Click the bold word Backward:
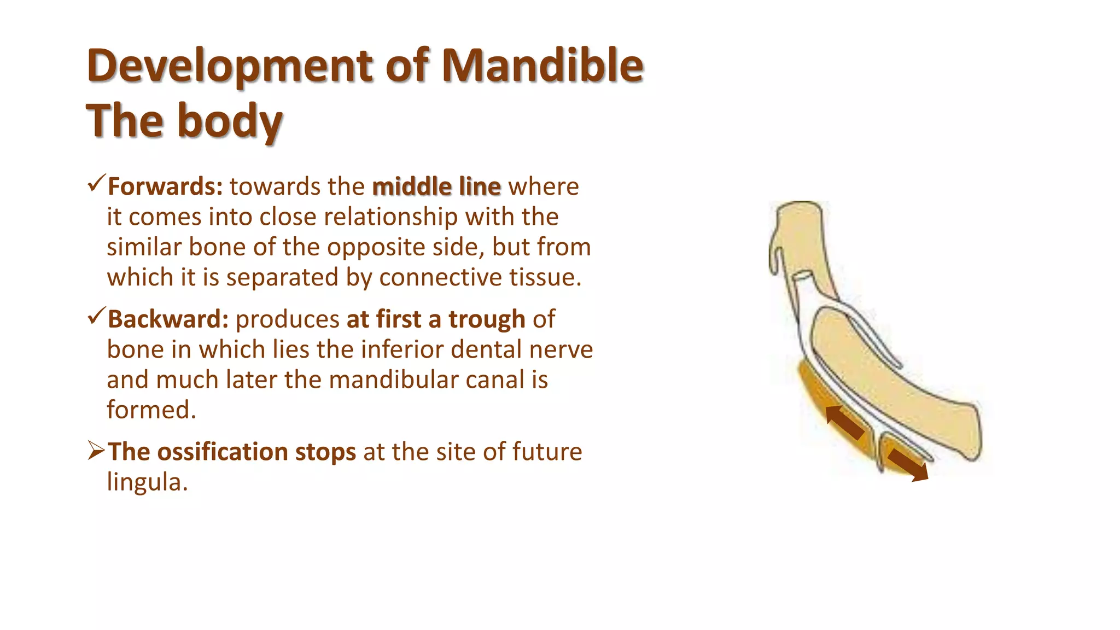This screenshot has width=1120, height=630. coord(168,319)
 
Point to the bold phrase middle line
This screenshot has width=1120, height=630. coord(436,186)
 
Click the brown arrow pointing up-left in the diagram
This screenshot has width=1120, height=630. coord(844,422)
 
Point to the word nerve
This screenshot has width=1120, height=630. coord(565,349)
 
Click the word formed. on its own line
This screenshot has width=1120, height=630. coord(151,410)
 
